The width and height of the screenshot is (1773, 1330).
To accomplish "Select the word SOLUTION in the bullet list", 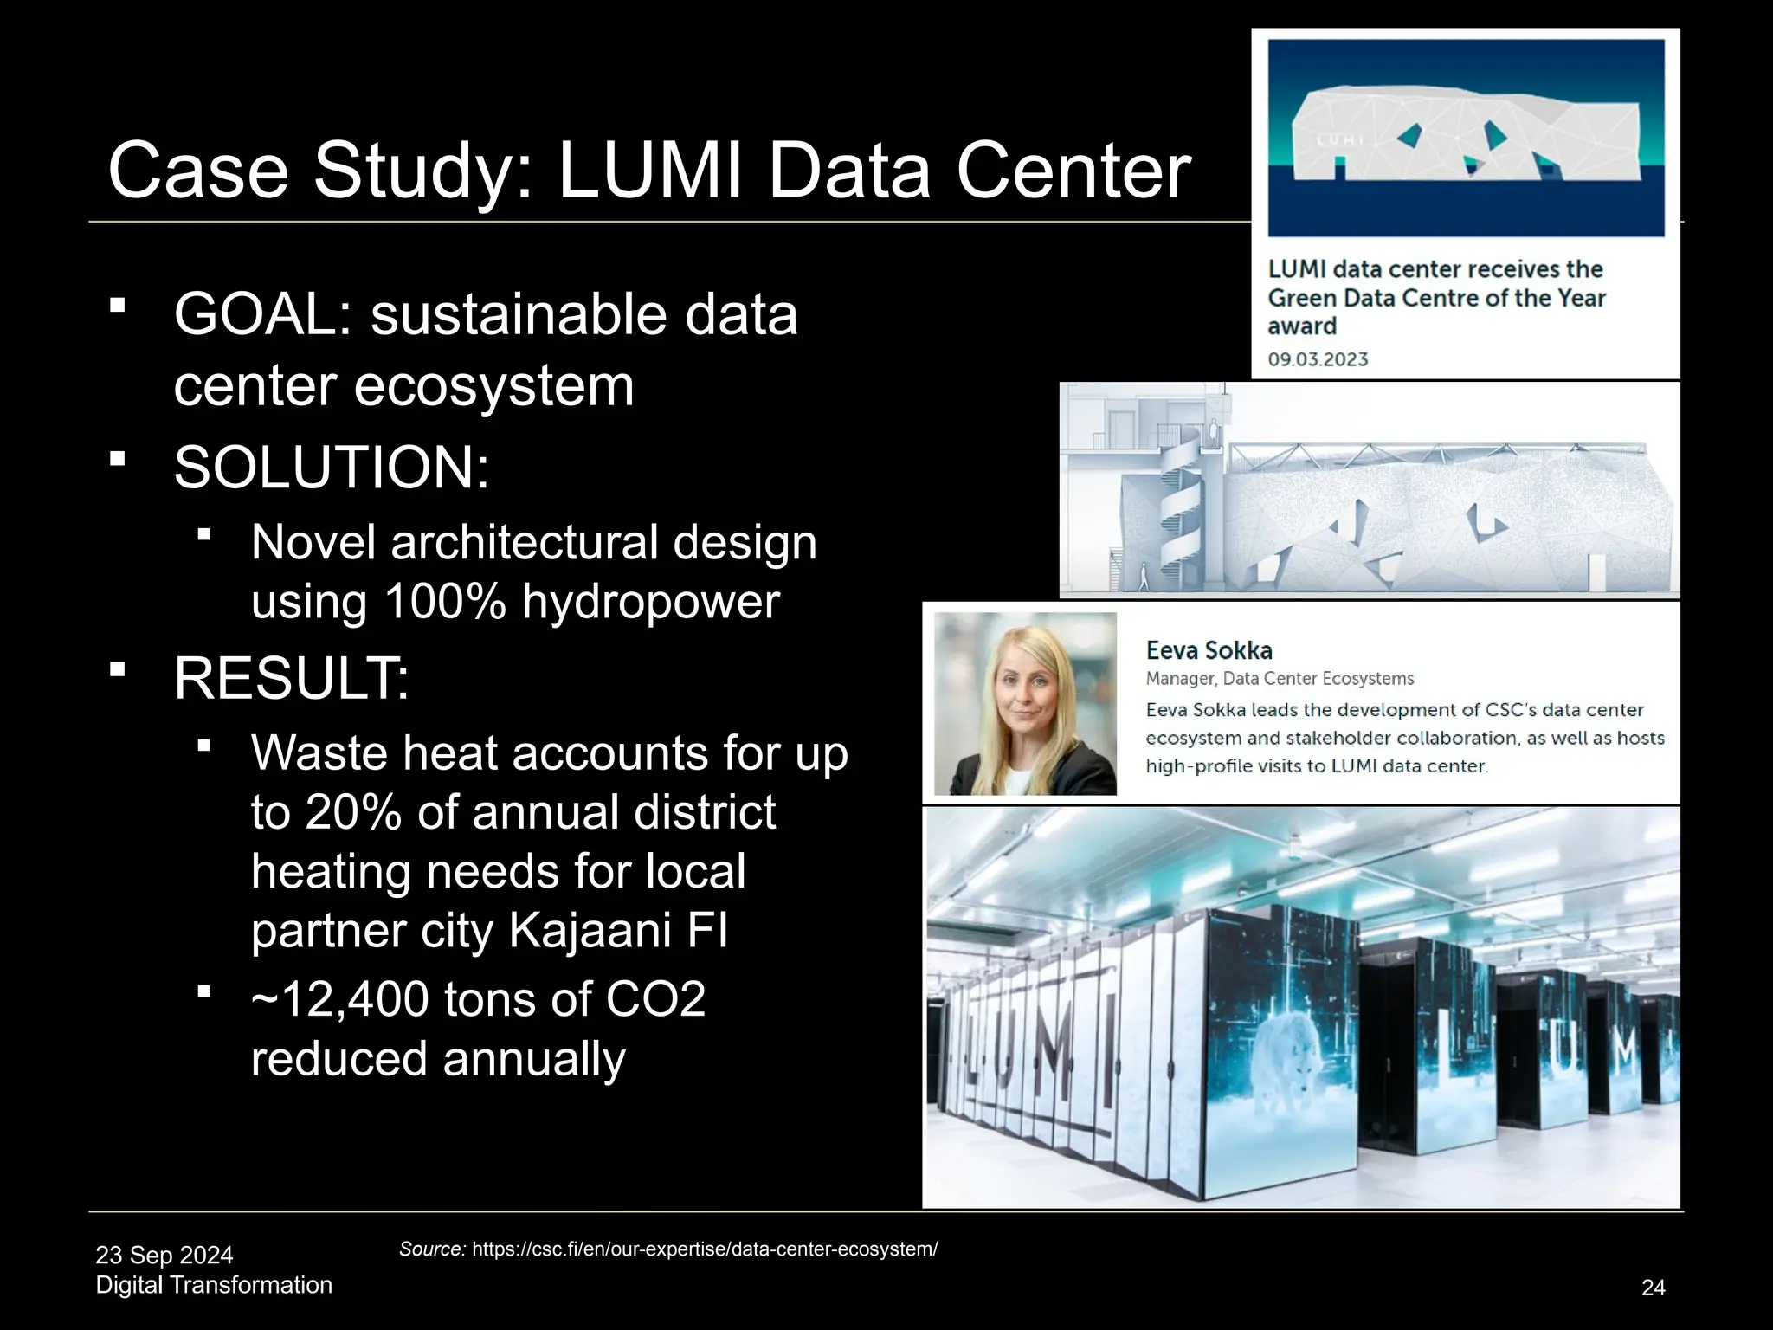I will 331,468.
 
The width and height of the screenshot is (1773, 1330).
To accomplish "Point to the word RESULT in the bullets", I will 291,679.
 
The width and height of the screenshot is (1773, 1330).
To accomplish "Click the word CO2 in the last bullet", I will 655,999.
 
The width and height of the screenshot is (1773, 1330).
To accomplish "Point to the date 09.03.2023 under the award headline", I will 1318,359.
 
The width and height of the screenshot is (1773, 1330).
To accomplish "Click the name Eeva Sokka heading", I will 1209,650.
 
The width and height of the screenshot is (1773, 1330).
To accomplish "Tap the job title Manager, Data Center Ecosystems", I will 1280,679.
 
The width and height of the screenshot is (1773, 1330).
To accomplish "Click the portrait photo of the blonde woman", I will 1025,703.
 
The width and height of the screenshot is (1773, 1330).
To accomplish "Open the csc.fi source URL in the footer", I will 705,1249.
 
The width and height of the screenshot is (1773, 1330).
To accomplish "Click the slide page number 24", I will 1653,1288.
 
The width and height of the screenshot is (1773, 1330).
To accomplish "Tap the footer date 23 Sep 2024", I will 164,1255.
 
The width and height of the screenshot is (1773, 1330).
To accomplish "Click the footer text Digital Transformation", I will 214,1285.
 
